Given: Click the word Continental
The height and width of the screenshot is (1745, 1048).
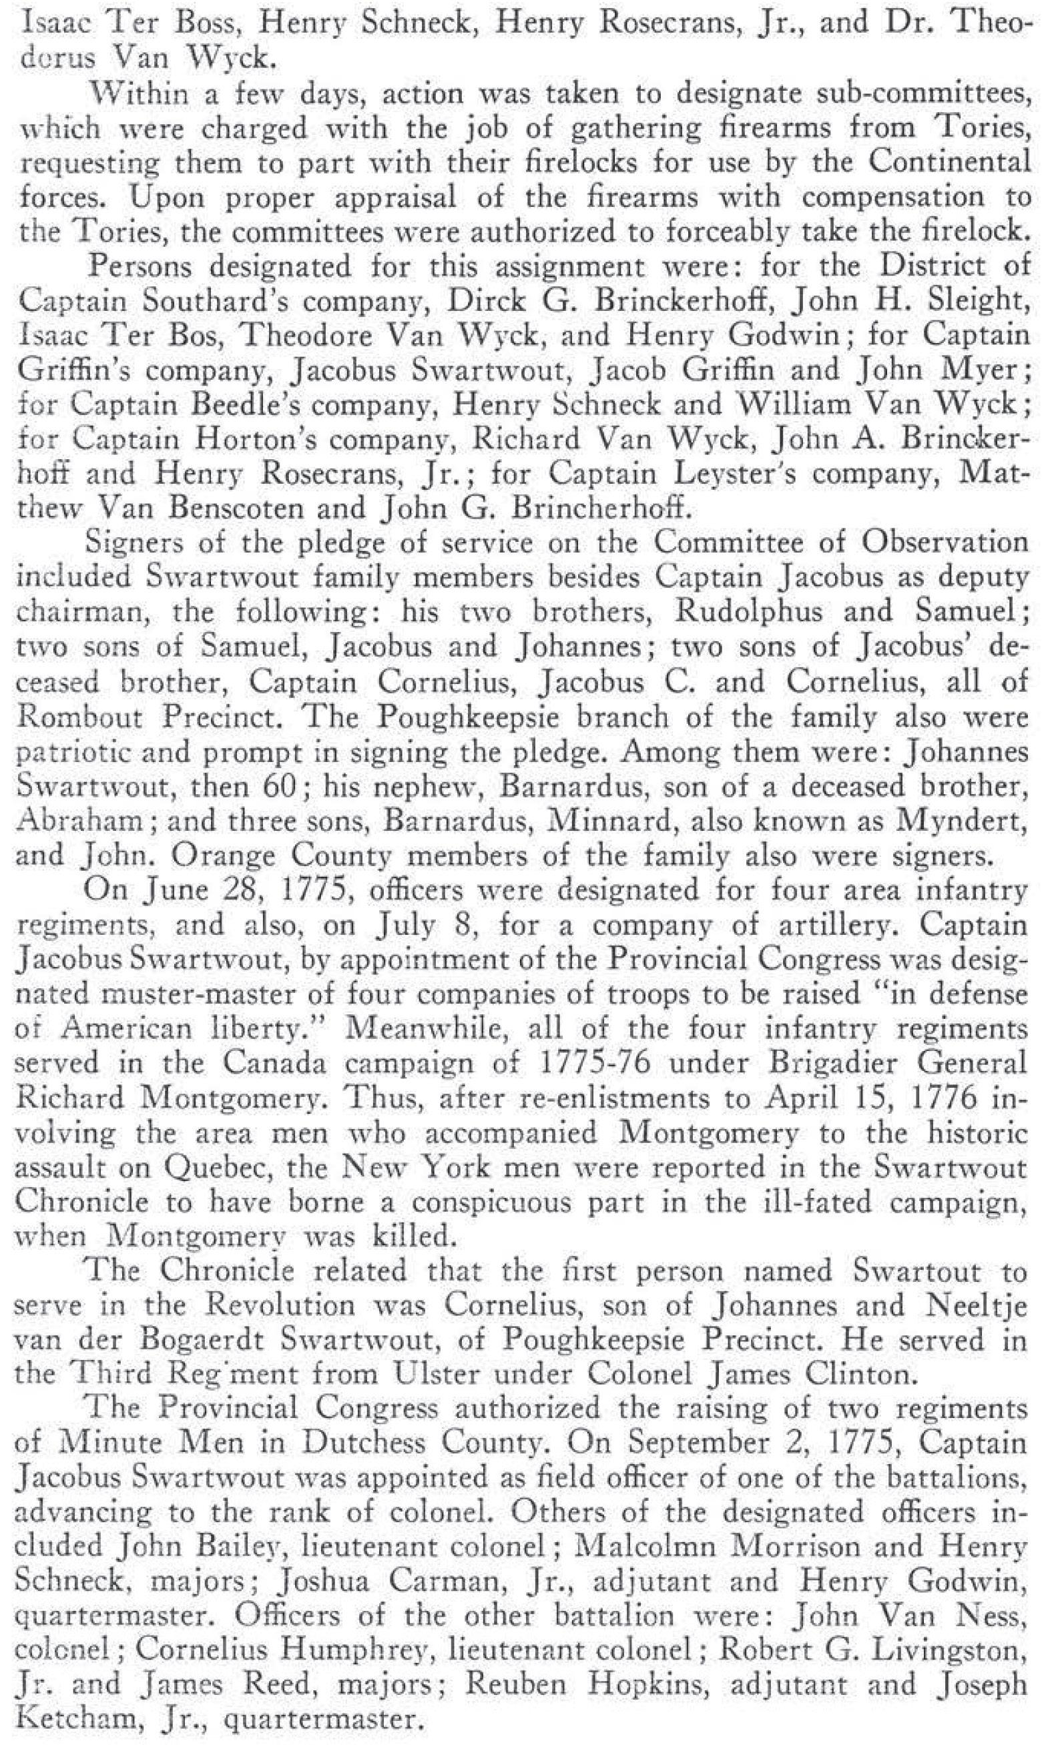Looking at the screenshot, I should click(949, 162).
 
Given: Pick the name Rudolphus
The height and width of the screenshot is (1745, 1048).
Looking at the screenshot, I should click(749, 611).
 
